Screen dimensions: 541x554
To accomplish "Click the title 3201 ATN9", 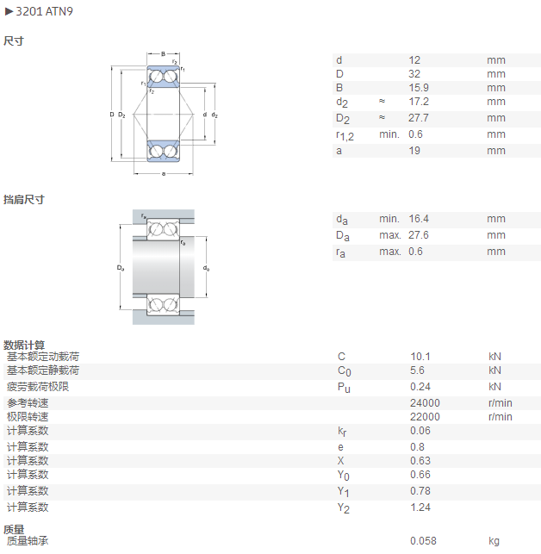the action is click(x=44, y=12).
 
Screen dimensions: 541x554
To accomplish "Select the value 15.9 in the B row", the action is click(x=419, y=88).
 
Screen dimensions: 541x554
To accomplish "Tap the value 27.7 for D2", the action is click(x=419, y=118).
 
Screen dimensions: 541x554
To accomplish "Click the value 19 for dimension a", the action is click(x=414, y=151).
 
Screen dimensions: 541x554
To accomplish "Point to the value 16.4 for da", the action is click(x=419, y=219).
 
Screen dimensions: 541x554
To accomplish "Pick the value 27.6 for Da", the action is click(x=419, y=235).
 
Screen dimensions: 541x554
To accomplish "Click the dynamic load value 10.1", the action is click(x=420, y=356).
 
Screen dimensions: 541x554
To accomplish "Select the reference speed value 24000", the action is click(x=425, y=402).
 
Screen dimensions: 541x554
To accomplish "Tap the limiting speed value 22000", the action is click(x=425, y=416).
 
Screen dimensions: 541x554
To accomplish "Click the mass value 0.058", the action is click(x=423, y=540).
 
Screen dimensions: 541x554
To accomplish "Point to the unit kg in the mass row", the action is click(x=494, y=541).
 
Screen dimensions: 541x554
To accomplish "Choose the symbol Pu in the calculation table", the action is click(x=344, y=388).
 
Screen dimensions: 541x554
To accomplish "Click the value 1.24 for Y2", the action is click(x=420, y=507).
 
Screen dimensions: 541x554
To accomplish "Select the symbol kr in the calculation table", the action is click(x=342, y=432).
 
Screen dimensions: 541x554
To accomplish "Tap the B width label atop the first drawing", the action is click(x=164, y=54).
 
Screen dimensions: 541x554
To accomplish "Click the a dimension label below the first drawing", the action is click(x=164, y=173).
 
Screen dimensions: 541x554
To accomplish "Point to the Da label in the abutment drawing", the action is click(x=121, y=268).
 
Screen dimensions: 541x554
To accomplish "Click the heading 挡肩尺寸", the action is click(x=23, y=200).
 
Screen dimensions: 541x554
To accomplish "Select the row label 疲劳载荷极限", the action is click(x=38, y=387).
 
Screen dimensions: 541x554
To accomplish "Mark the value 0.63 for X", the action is click(x=420, y=460).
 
